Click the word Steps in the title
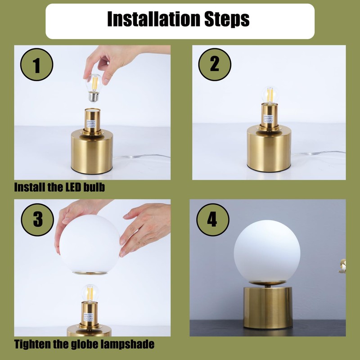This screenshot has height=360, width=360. click(x=227, y=19)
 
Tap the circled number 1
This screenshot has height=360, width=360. click(x=37, y=64)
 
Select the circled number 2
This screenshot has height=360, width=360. click(x=215, y=64)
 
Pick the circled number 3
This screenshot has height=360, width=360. click(x=37, y=220)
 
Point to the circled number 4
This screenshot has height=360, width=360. click(x=213, y=220)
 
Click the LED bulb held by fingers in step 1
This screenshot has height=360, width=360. click(x=94, y=87)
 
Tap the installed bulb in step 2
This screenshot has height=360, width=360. click(x=270, y=95)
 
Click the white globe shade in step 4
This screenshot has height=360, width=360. click(x=267, y=252)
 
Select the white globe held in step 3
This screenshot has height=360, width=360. click(x=90, y=244)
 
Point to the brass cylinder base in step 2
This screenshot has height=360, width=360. click(x=269, y=148)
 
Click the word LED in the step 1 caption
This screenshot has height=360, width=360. click(x=73, y=187)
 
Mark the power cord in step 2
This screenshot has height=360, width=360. click(x=319, y=153)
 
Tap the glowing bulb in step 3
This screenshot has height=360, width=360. click(x=90, y=293)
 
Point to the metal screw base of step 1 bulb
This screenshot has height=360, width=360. click(x=94, y=96)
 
